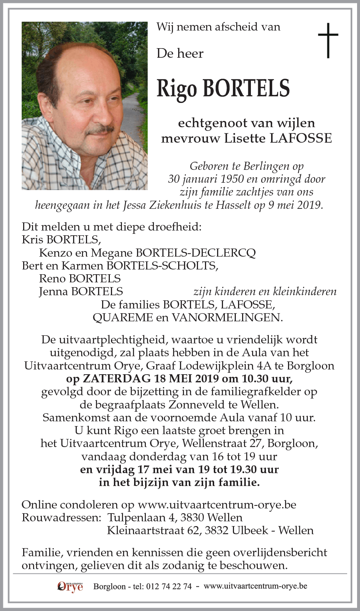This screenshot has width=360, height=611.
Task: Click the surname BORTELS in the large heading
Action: point(246,89)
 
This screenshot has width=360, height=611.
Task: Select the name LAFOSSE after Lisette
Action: point(300,138)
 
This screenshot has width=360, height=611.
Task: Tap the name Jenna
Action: point(54,292)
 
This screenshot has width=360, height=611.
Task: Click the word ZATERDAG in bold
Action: point(117,378)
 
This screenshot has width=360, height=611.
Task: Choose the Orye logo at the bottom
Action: point(70,586)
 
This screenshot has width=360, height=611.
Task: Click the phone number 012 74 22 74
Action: point(169,586)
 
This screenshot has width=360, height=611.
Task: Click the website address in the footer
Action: point(255,586)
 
